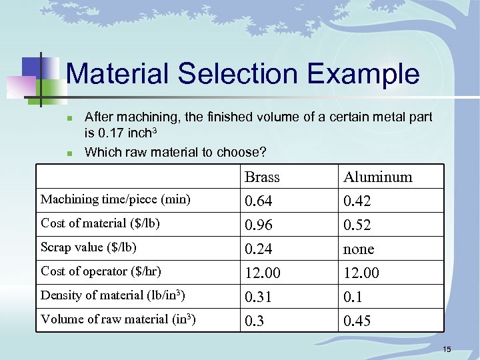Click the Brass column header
click(x=262, y=177)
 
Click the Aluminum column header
click(x=377, y=177)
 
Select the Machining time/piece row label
click(x=115, y=199)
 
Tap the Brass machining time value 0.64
click(x=259, y=201)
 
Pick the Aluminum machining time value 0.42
click(x=357, y=201)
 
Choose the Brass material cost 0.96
click(x=259, y=225)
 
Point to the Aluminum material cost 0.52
click(x=357, y=225)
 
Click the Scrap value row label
click(x=89, y=247)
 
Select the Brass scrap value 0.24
click(x=259, y=249)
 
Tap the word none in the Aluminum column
click(x=359, y=249)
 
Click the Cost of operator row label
click(x=101, y=271)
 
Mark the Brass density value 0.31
click(x=259, y=297)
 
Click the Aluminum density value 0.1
click(x=353, y=297)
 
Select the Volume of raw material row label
click(x=118, y=319)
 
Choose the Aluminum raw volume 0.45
click(x=357, y=321)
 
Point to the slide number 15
click(x=447, y=349)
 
